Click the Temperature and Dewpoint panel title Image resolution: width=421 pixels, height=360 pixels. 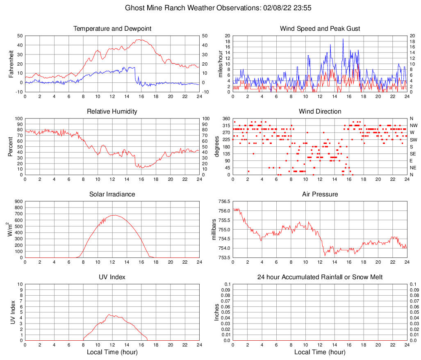click(x=112, y=29)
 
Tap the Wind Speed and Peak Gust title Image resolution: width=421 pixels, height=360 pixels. click(x=320, y=29)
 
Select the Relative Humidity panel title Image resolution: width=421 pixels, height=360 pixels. click(x=112, y=112)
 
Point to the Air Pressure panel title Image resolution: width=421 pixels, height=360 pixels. click(x=320, y=194)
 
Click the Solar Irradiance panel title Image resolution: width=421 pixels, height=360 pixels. click(x=112, y=194)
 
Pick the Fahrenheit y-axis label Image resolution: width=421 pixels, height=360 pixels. click(x=11, y=64)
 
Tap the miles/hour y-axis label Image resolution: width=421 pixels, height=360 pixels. click(x=220, y=64)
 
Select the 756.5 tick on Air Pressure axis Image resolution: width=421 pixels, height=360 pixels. click(x=224, y=202)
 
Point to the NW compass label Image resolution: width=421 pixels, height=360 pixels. click(x=414, y=125)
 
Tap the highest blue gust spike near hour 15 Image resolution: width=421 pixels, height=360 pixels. click(x=343, y=39)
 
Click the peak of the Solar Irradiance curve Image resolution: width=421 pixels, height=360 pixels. click(x=114, y=215)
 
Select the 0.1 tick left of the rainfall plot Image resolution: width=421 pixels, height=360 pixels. click(x=227, y=284)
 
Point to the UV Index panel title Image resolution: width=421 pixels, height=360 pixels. click(x=112, y=277)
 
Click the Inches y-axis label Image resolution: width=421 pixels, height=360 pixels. click(x=217, y=312)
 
